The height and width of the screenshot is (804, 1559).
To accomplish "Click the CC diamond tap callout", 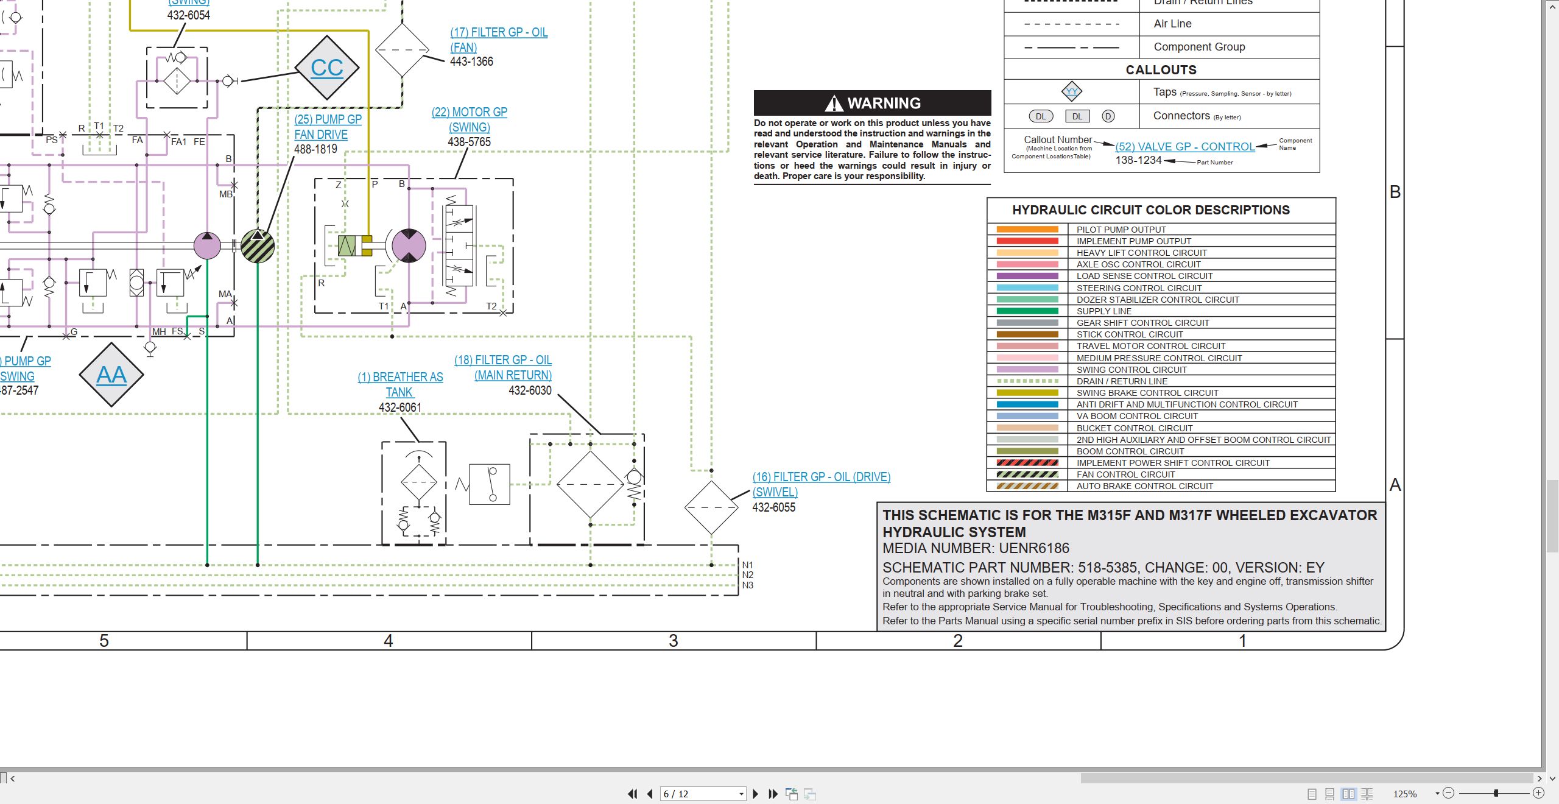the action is (327, 68).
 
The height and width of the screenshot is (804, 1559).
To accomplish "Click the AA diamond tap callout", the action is (111, 375).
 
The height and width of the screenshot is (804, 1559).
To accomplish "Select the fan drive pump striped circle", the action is (258, 246).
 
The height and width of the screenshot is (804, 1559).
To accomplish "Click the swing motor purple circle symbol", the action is (409, 246).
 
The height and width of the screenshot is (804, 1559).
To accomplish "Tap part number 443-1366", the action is (471, 62).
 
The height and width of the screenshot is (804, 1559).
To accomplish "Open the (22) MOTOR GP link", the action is (470, 112).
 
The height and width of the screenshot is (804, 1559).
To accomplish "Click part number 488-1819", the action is (315, 149).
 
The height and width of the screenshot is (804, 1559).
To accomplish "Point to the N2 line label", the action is (748, 575).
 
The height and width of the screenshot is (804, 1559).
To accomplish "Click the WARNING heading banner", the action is (872, 103).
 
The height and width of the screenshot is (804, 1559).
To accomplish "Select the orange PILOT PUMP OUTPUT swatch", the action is (1027, 230).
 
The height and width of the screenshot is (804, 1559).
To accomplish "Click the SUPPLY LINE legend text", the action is (1104, 311).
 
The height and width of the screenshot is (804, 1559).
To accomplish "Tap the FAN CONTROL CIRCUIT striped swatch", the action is (1027, 474).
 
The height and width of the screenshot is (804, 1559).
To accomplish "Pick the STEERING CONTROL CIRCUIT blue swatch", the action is (1027, 288).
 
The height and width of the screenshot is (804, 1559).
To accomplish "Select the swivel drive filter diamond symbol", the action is (711, 507).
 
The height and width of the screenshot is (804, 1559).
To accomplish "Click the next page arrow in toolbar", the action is (756, 794).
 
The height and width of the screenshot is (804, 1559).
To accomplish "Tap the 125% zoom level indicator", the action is (1405, 794).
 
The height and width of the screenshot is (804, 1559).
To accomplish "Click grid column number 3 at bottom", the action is (674, 641).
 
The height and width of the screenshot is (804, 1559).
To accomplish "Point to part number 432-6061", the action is (400, 407).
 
